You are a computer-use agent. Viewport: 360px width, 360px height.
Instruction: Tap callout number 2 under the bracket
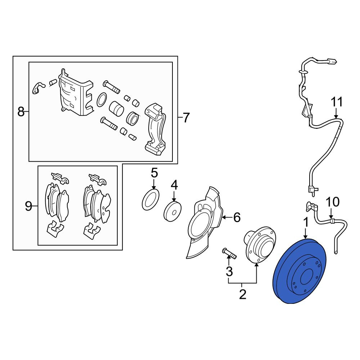[x=242, y=294]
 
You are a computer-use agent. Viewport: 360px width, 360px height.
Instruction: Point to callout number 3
[x=229, y=271]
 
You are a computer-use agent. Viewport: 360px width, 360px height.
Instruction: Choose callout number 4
[x=174, y=185]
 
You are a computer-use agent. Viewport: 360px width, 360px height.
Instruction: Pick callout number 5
[x=154, y=173]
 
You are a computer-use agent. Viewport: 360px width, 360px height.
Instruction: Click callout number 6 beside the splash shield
[x=237, y=217]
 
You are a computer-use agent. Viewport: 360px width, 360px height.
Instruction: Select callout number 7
[x=186, y=117]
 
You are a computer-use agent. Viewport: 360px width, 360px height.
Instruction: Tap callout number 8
[x=21, y=112]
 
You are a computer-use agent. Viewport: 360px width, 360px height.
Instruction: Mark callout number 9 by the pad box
[x=28, y=206]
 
